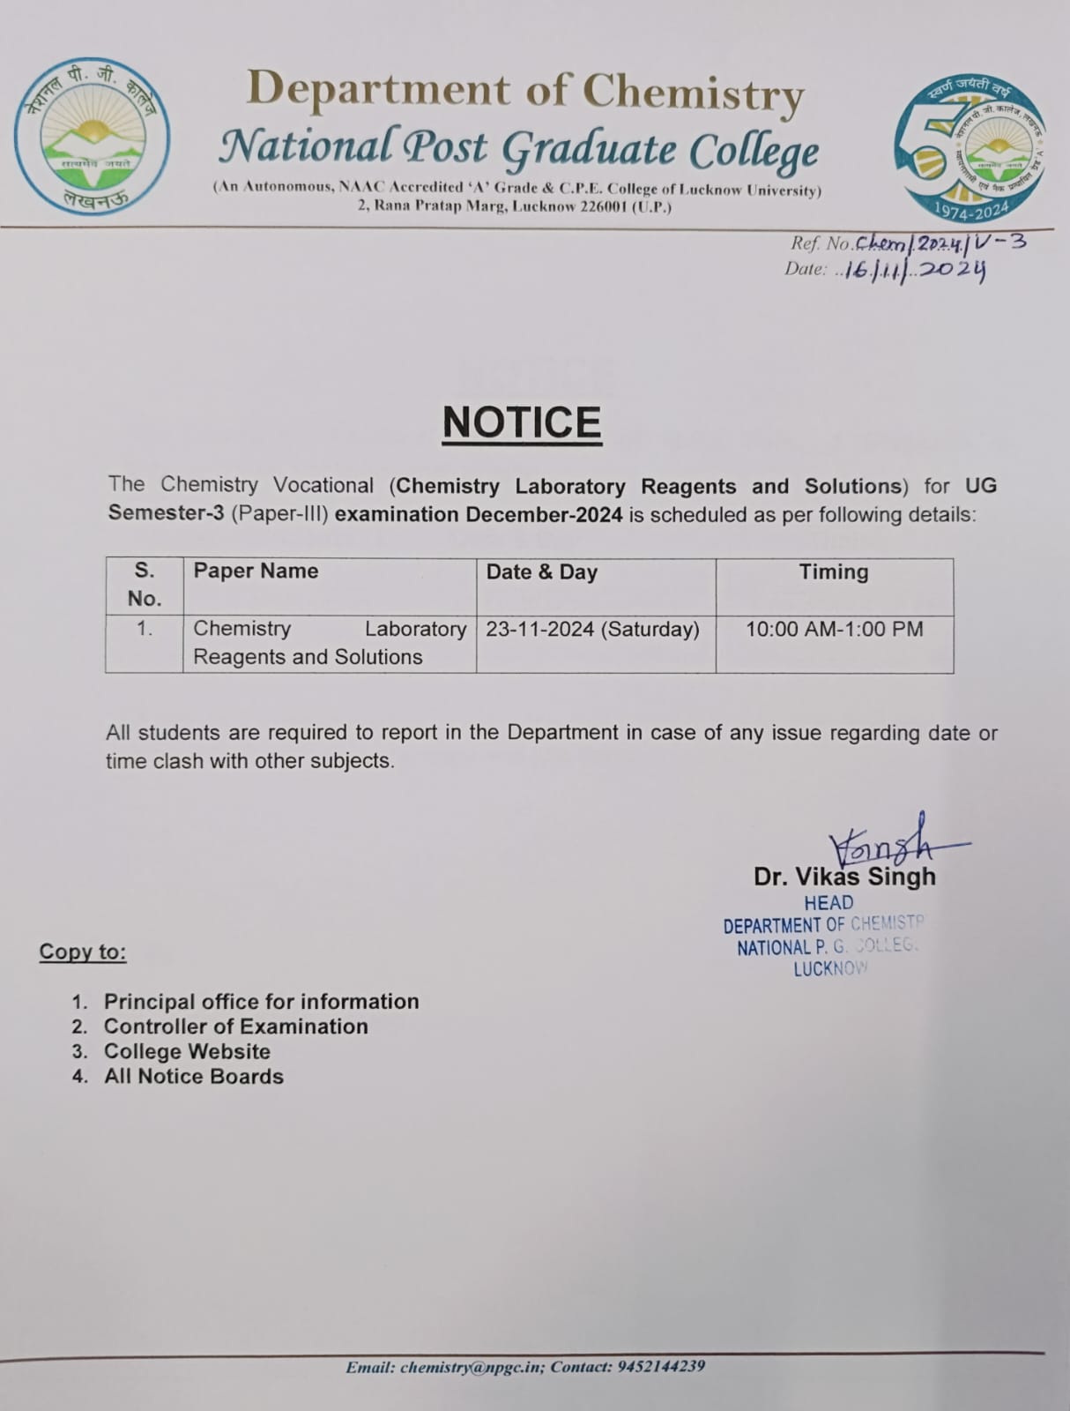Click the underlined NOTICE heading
point(522,422)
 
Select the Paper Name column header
point(256,571)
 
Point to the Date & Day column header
point(541,572)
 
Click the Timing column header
point(833,572)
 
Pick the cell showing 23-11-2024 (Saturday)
point(592,630)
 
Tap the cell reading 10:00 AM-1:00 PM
point(834,630)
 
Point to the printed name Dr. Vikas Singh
point(844,877)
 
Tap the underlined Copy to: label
point(83,952)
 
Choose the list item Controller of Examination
point(235,1027)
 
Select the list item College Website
point(187,1051)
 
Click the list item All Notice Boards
point(193,1077)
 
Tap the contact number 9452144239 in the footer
point(661,1367)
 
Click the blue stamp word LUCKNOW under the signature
point(829,969)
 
